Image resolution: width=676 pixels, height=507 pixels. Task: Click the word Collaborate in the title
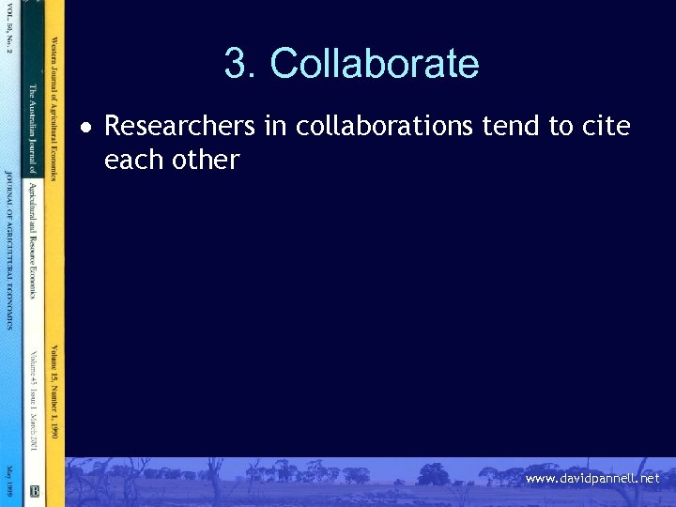(x=374, y=64)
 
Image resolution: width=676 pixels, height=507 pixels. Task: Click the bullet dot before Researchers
(x=85, y=126)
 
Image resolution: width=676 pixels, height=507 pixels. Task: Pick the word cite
(x=606, y=125)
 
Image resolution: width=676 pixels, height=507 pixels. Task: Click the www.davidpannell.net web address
(x=592, y=479)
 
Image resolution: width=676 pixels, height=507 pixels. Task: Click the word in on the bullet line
(x=275, y=125)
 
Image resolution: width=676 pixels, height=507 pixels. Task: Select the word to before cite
(x=561, y=125)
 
